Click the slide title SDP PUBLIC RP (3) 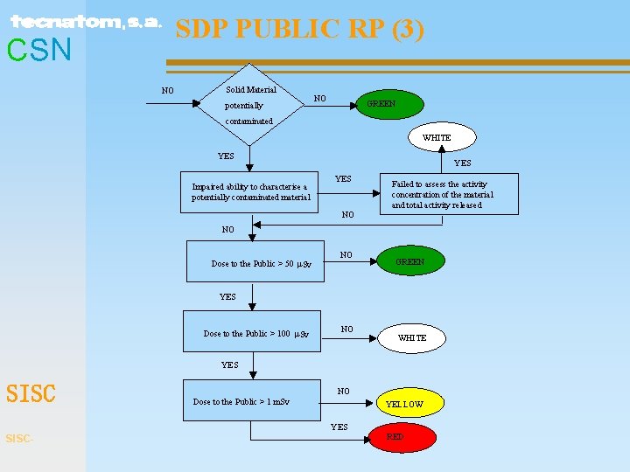point(299,30)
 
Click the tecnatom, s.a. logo point(86,22)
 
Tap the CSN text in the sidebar point(39,51)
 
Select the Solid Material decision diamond point(250,104)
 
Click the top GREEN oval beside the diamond point(381,104)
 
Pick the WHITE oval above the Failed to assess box point(437,137)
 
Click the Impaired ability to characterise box point(251,192)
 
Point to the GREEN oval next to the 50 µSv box point(409,261)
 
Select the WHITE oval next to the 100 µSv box point(412,337)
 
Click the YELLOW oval point(405,404)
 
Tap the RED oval point(395,436)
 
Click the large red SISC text point(31,394)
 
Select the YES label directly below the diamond point(226,156)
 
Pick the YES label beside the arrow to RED point(339,427)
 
